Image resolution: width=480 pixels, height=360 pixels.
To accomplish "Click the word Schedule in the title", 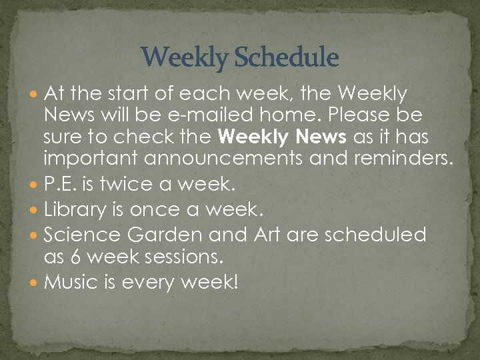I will pos(287,58).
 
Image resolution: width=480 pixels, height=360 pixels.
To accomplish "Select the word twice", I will pos(117,185).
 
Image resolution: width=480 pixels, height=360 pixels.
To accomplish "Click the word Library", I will pos(75,211).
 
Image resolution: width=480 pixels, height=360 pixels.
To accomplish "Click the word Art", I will pos(267,235).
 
